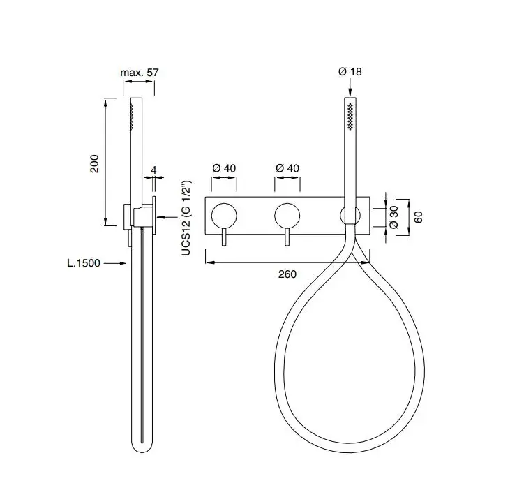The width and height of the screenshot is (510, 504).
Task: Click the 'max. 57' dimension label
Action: coord(140,72)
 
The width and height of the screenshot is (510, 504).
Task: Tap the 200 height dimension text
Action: coord(94,163)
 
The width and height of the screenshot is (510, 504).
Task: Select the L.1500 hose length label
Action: coord(84,263)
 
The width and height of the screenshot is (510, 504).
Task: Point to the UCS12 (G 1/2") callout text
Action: coord(186,218)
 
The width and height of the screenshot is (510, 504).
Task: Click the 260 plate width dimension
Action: coord(287,274)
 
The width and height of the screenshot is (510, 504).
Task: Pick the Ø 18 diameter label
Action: coord(350,72)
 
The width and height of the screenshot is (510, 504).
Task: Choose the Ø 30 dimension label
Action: coord(393,217)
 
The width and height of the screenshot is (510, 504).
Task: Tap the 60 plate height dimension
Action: coord(419,217)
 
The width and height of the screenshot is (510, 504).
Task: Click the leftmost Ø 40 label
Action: coord(224,168)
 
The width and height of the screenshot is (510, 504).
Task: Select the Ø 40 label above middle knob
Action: coord(287,168)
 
